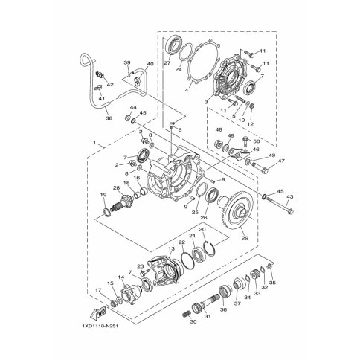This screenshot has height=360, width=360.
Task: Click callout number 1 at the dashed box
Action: click(94, 142)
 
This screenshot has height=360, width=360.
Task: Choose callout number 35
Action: click(271, 283)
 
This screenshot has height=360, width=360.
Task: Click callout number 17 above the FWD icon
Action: click(97, 290)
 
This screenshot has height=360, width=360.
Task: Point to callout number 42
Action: click(111, 85)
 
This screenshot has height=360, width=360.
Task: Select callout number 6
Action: click(179, 130)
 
